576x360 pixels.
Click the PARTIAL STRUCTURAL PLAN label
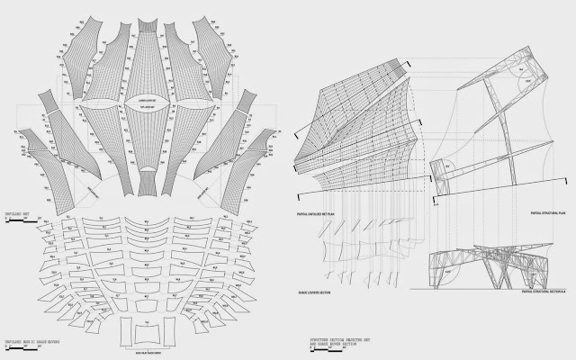(538, 214)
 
